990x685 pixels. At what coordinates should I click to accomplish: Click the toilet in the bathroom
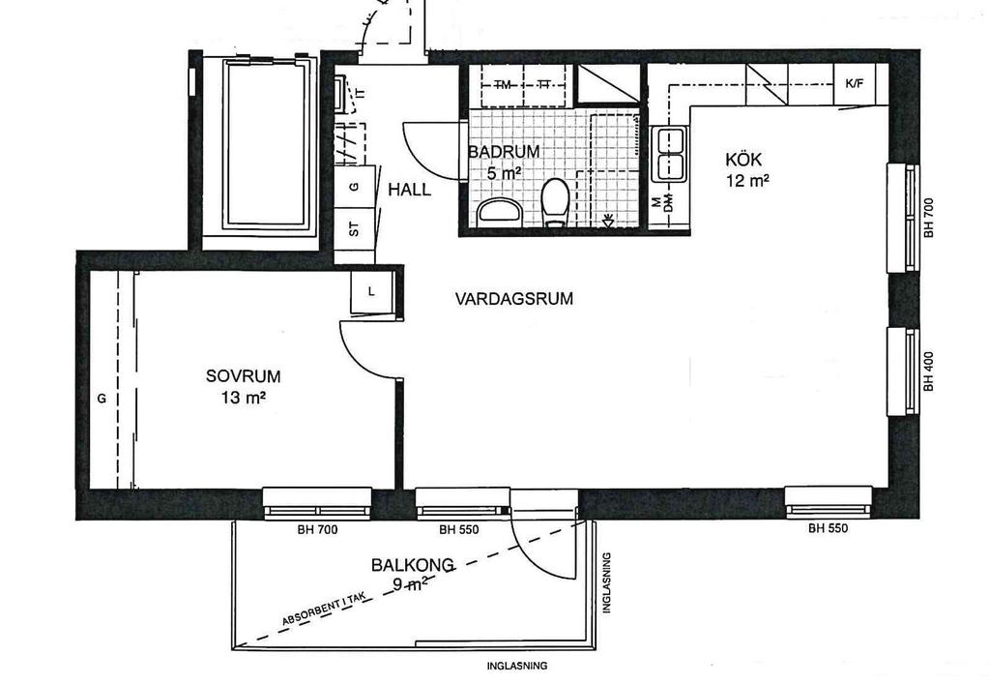556,201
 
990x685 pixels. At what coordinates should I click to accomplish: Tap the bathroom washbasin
500,211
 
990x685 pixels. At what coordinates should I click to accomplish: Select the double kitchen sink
670,154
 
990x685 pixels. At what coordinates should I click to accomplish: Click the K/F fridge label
855,83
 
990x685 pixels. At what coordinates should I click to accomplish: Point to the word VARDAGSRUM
514,298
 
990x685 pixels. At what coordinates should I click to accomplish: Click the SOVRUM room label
243,376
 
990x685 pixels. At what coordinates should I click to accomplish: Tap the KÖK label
743,160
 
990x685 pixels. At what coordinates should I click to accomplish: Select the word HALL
409,190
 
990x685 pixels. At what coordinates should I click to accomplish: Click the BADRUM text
504,152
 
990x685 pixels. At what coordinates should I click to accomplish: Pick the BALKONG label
412,564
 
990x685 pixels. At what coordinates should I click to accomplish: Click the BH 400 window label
928,371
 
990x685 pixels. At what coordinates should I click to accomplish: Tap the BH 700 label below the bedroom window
317,529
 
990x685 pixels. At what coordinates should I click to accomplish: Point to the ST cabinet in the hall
354,228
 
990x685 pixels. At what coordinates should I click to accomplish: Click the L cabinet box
372,292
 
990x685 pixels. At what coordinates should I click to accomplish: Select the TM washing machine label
503,84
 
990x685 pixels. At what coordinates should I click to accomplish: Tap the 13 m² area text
243,398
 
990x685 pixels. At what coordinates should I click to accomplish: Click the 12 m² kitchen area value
747,181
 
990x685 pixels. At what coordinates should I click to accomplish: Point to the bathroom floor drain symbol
608,221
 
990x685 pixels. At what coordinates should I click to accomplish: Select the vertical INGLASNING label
607,582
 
